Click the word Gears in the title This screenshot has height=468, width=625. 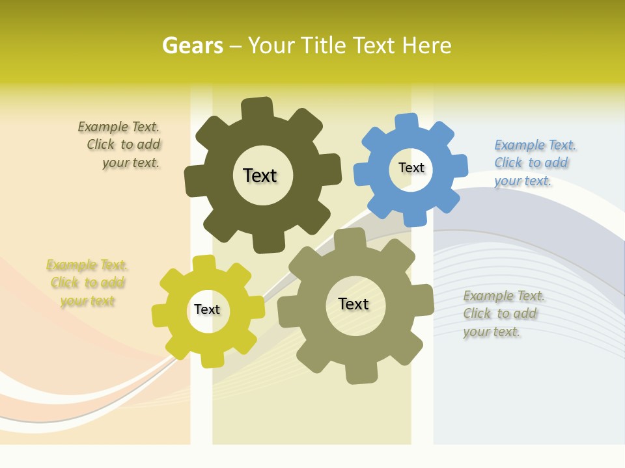pyautogui.click(x=192, y=45)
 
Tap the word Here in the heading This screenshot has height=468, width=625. pyautogui.click(x=427, y=45)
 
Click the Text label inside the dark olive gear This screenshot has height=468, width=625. pyautogui.click(x=260, y=175)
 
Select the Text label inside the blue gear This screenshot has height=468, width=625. pyautogui.click(x=411, y=168)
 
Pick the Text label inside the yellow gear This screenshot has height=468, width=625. pyautogui.click(x=207, y=309)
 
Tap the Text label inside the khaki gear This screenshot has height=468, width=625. pyautogui.click(x=354, y=304)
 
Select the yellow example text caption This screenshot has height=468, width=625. pyautogui.click(x=87, y=283)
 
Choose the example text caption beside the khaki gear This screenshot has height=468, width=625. pyautogui.click(x=503, y=313)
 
